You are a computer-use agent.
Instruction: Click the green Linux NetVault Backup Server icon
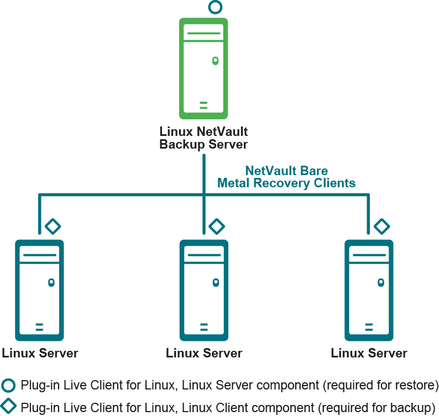203,69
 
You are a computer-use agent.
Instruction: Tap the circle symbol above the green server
215,7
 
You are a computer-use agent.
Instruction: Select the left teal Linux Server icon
39,290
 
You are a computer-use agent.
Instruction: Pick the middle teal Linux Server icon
204,290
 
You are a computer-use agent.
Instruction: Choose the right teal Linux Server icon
369,290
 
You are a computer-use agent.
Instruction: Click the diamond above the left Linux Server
53,226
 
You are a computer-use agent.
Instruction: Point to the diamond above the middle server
217,226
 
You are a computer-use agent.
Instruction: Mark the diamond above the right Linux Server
381,226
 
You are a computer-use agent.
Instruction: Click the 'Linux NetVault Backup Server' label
203,138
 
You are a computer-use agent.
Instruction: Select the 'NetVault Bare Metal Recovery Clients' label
286,177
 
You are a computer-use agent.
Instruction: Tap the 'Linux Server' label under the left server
40,353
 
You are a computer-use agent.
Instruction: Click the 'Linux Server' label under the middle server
204,353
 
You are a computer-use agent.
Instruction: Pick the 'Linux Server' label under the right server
369,353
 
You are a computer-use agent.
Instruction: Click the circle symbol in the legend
9,385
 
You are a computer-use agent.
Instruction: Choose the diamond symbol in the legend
9,406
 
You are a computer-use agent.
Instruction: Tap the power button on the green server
215,60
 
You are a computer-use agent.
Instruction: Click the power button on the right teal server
380,282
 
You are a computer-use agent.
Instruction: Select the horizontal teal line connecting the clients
122,194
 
